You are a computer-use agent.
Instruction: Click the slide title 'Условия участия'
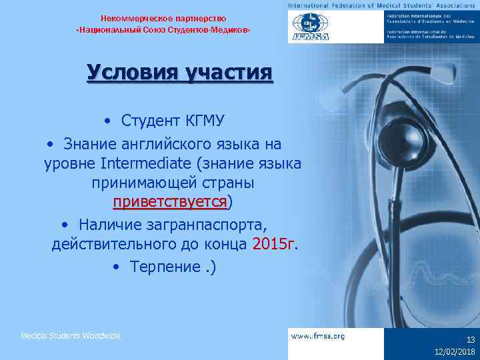[179, 73]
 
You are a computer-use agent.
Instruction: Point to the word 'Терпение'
[163, 267]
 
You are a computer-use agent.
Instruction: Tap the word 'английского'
[159, 144]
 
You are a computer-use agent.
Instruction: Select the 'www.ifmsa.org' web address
[318, 337]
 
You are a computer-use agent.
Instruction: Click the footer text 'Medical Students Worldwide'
[71, 336]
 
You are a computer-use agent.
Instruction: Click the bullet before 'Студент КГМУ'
[107, 121]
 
